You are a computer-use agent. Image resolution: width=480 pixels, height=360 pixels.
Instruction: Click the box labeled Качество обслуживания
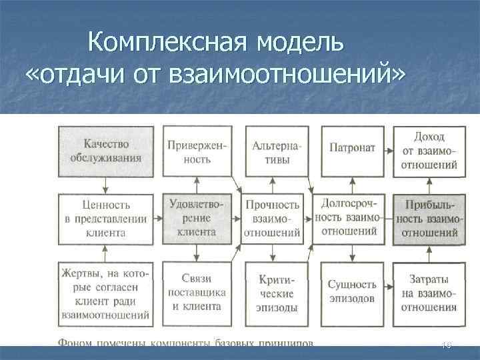click(107, 151)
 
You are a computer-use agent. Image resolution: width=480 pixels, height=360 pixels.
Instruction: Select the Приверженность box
click(198, 151)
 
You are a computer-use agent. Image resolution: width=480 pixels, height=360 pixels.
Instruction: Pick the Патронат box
click(351, 149)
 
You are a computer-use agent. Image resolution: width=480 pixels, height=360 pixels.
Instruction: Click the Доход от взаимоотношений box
click(429, 151)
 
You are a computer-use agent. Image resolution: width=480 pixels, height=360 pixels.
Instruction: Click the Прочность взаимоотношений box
click(273, 219)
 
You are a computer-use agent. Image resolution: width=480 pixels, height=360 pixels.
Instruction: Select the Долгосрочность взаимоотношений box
click(351, 217)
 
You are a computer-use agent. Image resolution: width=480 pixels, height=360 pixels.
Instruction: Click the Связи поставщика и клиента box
click(198, 293)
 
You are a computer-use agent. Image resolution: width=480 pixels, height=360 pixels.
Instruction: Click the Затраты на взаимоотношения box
click(429, 293)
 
